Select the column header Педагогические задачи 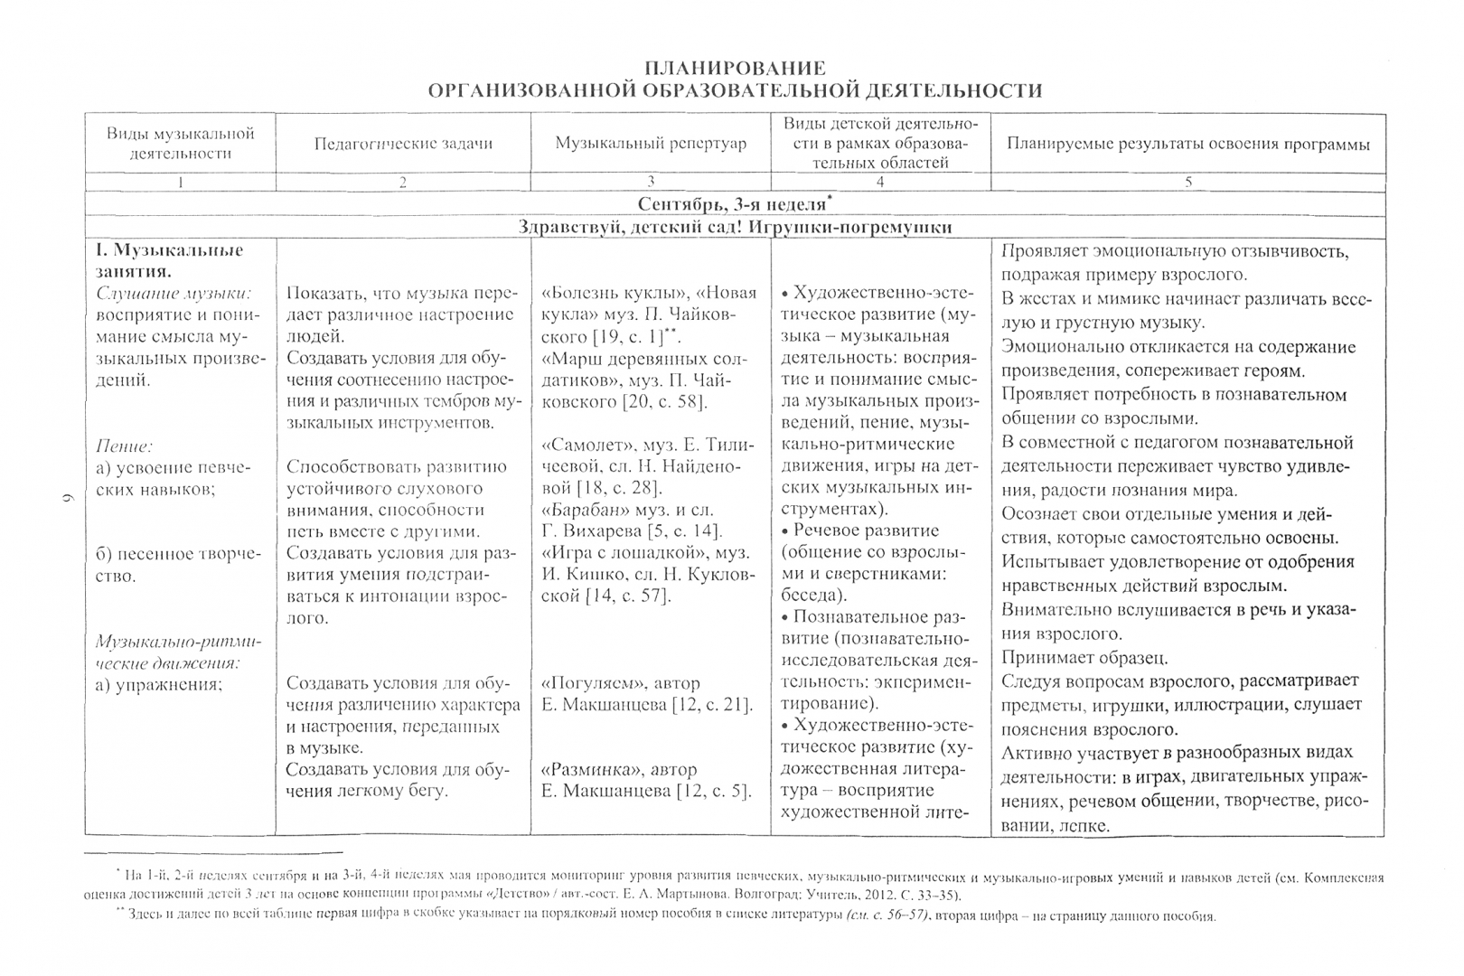click(x=403, y=144)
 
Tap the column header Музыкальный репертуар click(x=651, y=144)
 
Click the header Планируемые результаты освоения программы click(x=1187, y=144)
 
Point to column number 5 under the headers click(x=1188, y=183)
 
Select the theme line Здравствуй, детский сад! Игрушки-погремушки click(x=735, y=228)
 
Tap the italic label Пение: click(x=125, y=446)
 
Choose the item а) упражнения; click(x=159, y=684)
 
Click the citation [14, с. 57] click(x=627, y=597)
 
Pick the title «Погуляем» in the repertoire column click(x=585, y=684)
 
